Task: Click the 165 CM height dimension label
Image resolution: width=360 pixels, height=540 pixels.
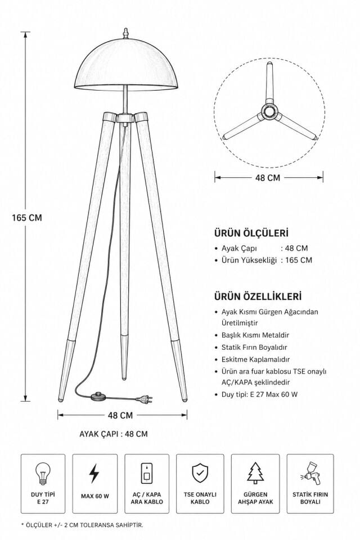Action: pos(26,218)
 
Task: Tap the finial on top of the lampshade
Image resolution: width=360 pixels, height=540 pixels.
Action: pos(126,33)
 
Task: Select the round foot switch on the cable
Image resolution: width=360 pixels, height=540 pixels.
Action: pos(98,396)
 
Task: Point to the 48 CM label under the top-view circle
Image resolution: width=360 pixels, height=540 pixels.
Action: pos(268,178)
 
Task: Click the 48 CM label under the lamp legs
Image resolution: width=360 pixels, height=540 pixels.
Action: pos(120,415)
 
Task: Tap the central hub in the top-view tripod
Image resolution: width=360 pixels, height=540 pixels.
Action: pos(269,111)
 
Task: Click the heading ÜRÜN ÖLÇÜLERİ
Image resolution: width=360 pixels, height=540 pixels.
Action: pos(251,233)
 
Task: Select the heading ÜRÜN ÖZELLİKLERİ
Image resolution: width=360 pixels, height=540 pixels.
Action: pos(258,296)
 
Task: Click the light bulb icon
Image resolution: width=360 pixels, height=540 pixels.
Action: pos(43,474)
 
